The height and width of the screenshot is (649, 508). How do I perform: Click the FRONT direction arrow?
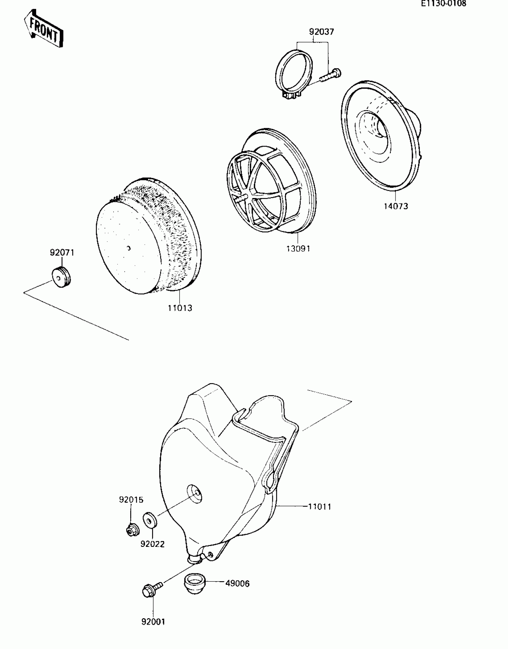(44, 28)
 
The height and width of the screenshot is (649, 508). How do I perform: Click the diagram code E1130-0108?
(443, 4)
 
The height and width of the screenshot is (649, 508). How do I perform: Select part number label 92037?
(322, 32)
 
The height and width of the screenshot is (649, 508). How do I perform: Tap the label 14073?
(396, 206)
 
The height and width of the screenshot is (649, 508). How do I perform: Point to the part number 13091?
(298, 248)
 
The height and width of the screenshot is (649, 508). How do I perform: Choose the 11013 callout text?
(180, 308)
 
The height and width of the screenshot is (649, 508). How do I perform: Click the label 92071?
(62, 253)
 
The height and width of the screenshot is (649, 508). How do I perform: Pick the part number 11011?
(320, 507)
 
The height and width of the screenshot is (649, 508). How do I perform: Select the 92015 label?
(131, 500)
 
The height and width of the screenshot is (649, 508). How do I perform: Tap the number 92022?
(152, 544)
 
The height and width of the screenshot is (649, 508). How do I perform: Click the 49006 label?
(237, 583)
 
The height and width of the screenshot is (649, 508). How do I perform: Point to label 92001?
(153, 622)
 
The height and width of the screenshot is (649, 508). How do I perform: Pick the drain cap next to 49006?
(194, 583)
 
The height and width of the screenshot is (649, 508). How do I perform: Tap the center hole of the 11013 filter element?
(128, 248)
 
